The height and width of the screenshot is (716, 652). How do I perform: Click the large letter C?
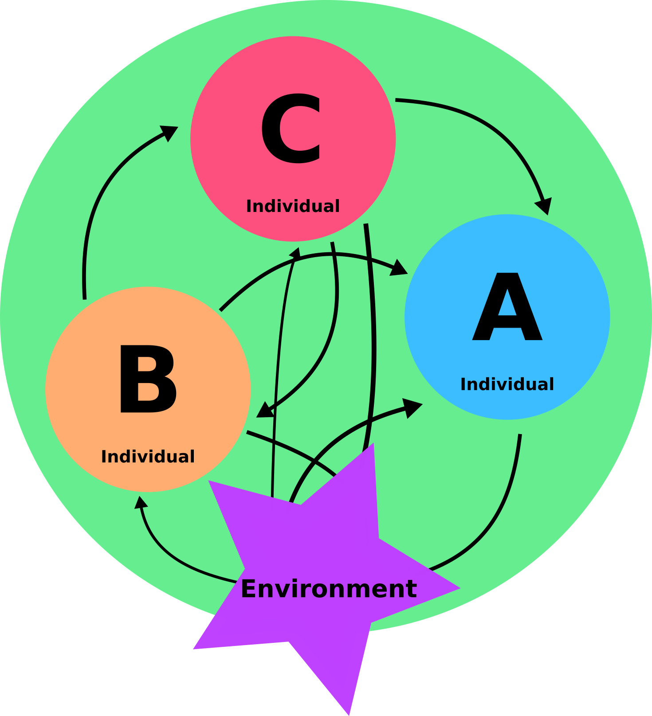pos(291,129)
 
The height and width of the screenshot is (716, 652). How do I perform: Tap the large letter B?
pos(148,380)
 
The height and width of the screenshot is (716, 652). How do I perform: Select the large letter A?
pos(507,307)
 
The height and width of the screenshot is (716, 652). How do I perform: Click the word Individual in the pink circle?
pos(293,206)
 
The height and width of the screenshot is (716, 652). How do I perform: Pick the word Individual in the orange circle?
pos(148,457)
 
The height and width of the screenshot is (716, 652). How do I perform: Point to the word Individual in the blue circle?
pos(507,384)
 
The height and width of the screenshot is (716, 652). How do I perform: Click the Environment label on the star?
pos(329,589)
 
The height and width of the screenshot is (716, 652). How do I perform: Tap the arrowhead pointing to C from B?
pos(170,132)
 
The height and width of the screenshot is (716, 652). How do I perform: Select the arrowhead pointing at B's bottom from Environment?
pos(141,502)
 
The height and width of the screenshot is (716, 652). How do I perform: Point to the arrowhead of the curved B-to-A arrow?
pos(399,269)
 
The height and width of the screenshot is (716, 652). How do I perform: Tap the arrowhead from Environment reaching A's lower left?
pos(413,407)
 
